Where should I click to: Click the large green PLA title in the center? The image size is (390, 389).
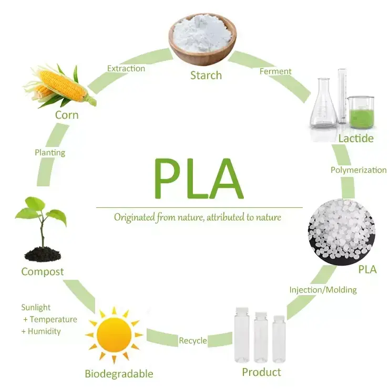[x=198, y=178]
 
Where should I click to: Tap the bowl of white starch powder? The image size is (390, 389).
[x=202, y=34]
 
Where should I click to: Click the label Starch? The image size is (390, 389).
[x=206, y=76]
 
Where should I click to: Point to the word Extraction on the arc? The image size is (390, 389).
[x=126, y=68]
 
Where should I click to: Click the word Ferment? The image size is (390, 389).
[x=275, y=71]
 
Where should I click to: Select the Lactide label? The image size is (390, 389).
[x=356, y=139]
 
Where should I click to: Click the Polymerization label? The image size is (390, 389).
[x=358, y=170]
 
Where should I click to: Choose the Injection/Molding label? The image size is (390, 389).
[x=323, y=290]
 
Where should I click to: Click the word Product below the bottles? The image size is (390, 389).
[x=261, y=372]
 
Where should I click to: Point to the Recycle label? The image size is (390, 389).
[x=193, y=341]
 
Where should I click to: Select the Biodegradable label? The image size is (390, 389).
[x=119, y=374]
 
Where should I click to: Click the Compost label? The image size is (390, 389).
[x=43, y=272]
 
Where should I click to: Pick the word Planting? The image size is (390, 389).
[x=50, y=153]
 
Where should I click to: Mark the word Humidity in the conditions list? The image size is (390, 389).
[x=45, y=331]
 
